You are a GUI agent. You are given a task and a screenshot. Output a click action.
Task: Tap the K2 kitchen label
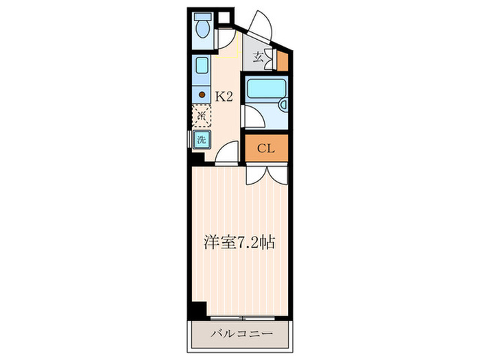tap(225, 97)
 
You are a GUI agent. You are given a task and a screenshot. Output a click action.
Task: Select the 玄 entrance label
tap(259, 58)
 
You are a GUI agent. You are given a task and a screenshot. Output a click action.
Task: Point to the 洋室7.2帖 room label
tap(240, 242)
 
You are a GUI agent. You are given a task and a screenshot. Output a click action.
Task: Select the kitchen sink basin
tap(202, 67)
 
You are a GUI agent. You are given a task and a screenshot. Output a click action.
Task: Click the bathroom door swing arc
tap(255, 117)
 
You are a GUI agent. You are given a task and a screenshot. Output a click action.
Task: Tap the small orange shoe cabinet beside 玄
tap(283, 61)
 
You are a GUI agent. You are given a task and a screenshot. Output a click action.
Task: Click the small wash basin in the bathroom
tap(283, 104)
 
